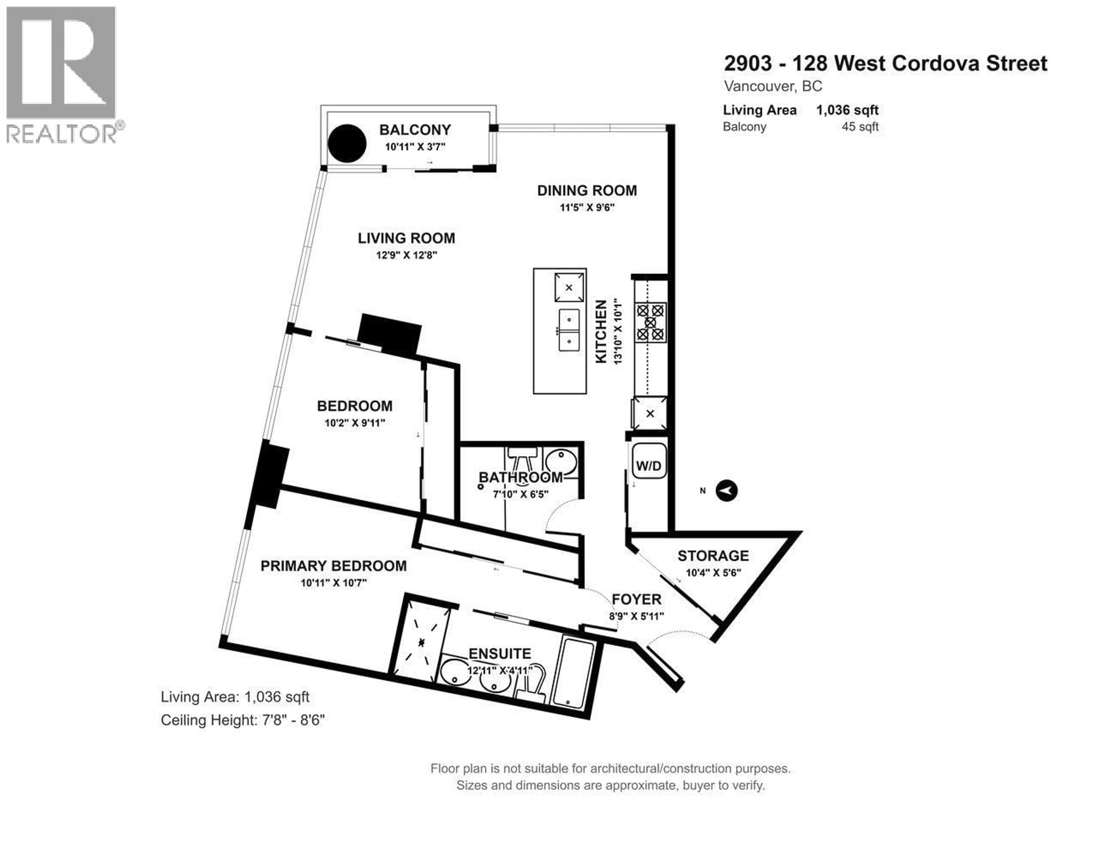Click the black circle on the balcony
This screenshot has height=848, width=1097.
point(347,143)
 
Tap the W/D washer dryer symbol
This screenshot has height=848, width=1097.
point(648,466)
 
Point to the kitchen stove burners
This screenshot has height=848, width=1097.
point(650,322)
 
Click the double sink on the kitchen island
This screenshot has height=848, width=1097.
point(569,330)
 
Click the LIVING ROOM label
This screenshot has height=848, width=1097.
point(406,238)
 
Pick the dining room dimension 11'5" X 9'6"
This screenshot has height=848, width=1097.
point(587,207)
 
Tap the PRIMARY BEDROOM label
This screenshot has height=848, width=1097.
point(333,566)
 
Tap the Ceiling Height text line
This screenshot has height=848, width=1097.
point(243,720)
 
